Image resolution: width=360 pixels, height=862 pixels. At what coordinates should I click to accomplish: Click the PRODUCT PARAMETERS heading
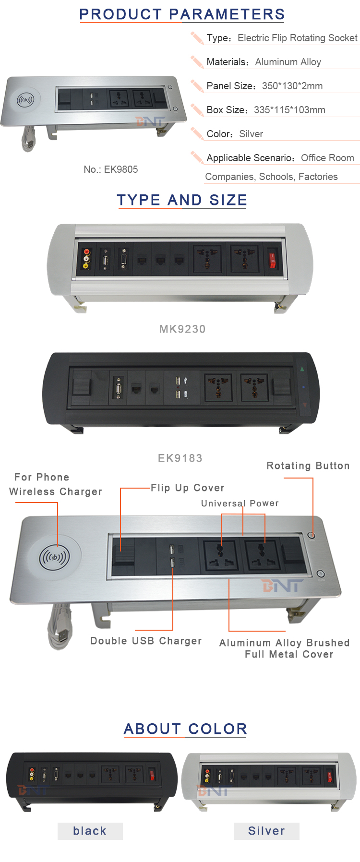[x=182, y=14]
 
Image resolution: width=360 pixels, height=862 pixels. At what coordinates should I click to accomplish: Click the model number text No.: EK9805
[x=111, y=169]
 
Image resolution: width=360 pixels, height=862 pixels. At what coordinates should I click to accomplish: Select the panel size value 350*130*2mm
[x=292, y=86]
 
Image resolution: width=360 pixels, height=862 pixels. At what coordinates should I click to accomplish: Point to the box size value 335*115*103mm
[x=289, y=110]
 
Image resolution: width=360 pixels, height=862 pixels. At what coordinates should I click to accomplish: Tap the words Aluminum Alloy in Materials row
[x=288, y=62]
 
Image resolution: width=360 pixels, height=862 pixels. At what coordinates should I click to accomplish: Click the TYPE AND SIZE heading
[x=182, y=200]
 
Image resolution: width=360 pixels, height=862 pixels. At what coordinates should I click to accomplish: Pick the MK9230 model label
[x=182, y=329]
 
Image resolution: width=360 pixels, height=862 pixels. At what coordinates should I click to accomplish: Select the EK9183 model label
[x=180, y=458]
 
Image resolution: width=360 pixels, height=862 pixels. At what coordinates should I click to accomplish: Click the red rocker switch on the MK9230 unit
[x=272, y=260]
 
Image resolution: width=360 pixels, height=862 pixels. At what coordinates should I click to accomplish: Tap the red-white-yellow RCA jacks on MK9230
[x=86, y=259]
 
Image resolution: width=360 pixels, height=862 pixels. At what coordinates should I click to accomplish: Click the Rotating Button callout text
[x=308, y=466]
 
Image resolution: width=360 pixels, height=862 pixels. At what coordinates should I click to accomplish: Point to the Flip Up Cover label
[x=188, y=488]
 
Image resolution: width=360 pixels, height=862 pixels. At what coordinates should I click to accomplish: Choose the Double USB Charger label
[x=146, y=641]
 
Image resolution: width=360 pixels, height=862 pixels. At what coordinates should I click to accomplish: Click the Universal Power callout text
[x=240, y=503]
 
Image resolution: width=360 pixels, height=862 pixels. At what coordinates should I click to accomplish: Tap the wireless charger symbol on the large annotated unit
[x=54, y=558]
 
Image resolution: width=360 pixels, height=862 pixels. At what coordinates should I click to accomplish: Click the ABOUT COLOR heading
[x=185, y=729]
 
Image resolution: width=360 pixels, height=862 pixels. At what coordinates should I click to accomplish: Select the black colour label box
[x=90, y=831]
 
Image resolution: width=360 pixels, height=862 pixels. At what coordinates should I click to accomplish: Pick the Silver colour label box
[x=267, y=831]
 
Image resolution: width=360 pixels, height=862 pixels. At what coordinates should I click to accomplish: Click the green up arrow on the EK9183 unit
[x=302, y=369]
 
